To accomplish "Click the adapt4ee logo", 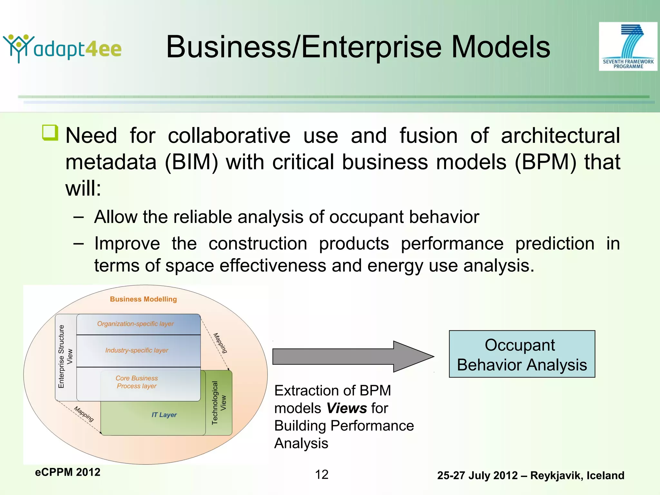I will coord(62,48).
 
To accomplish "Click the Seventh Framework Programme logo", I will coord(628,46).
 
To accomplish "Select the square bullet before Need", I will coord(50,133).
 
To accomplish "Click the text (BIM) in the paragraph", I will coord(191,162).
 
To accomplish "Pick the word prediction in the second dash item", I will coord(555,243).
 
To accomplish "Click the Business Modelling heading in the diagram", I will coord(143,299).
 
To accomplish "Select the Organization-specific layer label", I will coord(135,324).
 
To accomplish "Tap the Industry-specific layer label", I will coord(137,350).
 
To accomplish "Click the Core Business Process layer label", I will coord(137,382).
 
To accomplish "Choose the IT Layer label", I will coord(164,415).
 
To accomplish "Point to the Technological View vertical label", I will coord(219,403).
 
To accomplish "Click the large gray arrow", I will coord(353,356).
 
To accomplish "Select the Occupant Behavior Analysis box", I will coord(522,354).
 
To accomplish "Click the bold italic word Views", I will coord(347,408).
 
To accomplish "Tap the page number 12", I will coord(321,475).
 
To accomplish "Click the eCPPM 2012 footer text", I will coord(68,472).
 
